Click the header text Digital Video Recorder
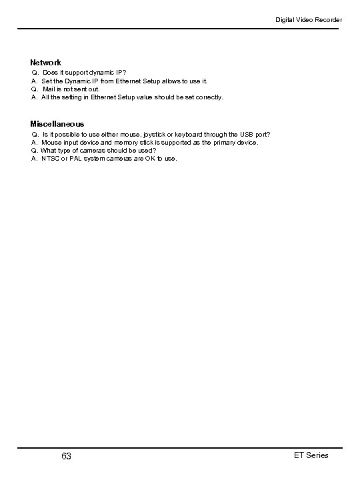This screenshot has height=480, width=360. click(309, 20)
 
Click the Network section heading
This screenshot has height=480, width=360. click(45, 62)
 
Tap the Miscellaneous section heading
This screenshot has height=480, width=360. click(57, 124)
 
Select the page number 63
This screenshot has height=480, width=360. click(66, 456)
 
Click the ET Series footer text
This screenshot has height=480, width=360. click(311, 455)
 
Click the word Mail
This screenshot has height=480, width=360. click(50, 89)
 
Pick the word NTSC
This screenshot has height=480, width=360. click(51, 159)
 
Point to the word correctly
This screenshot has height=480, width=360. click(209, 97)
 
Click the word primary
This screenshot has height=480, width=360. click(223, 142)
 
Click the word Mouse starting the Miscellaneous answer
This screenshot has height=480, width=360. click(51, 142)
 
